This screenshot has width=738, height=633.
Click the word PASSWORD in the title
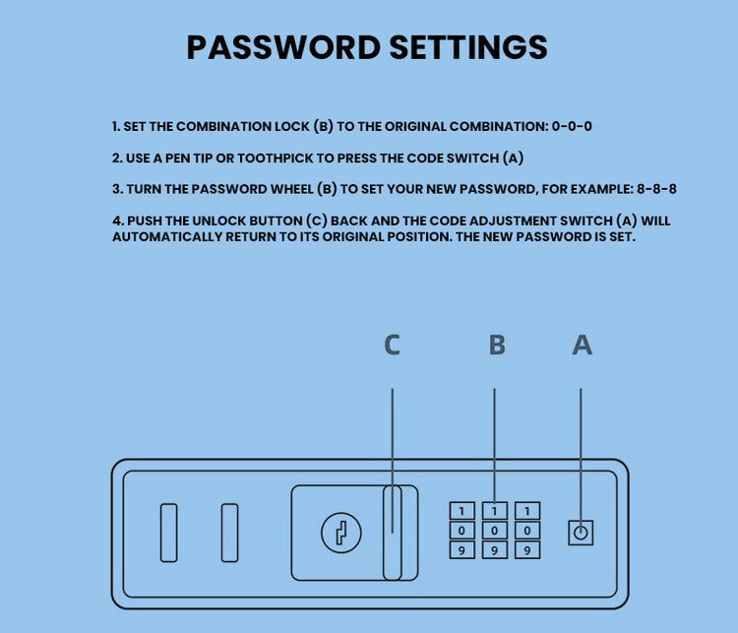[283, 47]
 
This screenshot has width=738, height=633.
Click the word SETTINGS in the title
[468, 47]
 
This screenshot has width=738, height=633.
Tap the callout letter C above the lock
[392, 345]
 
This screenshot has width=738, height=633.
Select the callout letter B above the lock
[497, 345]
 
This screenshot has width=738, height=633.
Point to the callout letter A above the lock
[583, 345]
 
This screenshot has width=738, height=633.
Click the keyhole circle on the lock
[341, 533]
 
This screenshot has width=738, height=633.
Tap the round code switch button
[581, 533]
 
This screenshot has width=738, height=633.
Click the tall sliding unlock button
[392, 533]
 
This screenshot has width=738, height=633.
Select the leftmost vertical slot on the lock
[169, 533]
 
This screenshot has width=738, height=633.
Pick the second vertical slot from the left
[229, 533]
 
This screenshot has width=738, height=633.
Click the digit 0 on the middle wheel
[494, 531]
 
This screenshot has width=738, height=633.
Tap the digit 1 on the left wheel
[461, 511]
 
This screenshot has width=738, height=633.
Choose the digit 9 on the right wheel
[527, 550]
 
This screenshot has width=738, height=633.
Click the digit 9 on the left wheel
[461, 550]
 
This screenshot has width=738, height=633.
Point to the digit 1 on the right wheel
[527, 511]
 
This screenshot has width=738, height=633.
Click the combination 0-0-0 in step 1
[572, 126]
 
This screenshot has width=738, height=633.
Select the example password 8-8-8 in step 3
[656, 189]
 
